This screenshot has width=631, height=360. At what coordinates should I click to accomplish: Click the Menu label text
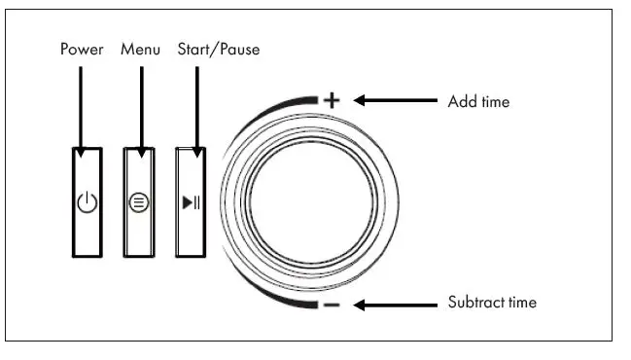pos(140,48)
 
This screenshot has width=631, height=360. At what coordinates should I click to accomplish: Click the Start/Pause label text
pos(219,48)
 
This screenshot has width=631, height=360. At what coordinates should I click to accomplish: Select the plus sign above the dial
pos(331,99)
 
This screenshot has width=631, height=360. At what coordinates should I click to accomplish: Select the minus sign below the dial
pos(331,306)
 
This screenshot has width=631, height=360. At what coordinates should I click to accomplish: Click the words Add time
pos(477,101)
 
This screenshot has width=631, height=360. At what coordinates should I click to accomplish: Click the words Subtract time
pos(492,303)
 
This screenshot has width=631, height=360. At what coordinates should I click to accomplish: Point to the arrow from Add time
pos(394,99)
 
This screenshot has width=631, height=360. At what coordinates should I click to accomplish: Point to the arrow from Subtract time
pos(394,305)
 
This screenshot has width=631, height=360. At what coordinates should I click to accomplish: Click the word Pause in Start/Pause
pos(239,48)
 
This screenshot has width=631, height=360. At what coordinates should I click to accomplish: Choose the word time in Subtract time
pos(519,303)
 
